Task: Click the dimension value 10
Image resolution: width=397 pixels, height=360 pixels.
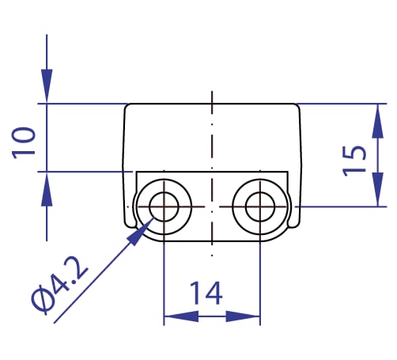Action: pos(24,143)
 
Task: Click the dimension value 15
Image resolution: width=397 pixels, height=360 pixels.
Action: pos(354,161)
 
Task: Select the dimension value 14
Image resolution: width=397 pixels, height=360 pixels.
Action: pos(206,293)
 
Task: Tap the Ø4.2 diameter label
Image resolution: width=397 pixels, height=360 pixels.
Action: pos(59,286)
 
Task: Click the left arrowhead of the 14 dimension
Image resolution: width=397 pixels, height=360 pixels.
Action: pos(181,316)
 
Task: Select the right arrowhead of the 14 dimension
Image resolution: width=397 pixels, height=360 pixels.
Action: pos(243,316)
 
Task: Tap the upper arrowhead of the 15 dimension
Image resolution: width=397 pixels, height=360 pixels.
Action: pos(378,121)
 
